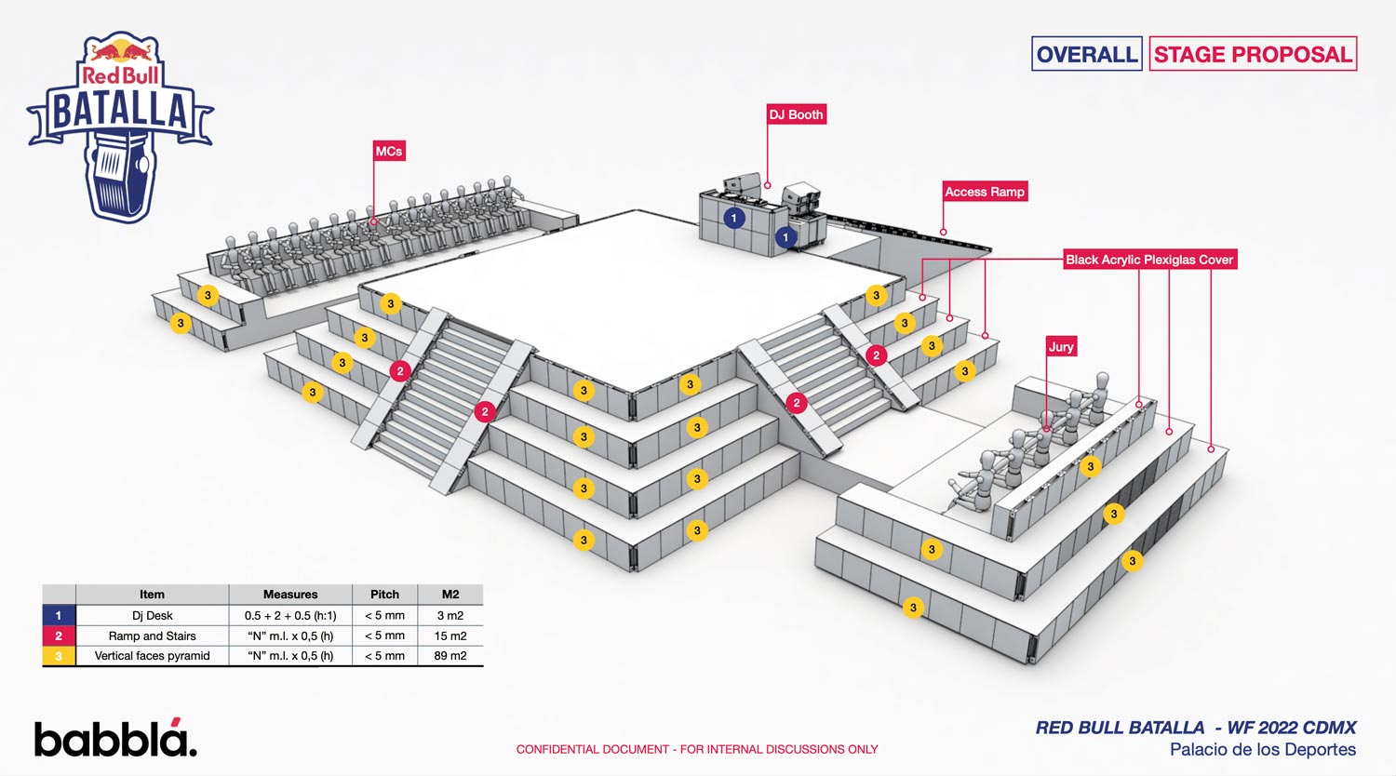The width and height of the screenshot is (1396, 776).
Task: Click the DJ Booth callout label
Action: pos(797,114)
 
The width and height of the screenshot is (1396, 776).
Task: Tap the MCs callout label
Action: pos(389,151)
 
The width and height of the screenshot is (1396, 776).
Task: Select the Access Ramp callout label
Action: pos(985,192)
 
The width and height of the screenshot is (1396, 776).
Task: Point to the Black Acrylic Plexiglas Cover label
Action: pos(1149,260)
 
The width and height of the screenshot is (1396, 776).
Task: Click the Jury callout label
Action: pos(1061,346)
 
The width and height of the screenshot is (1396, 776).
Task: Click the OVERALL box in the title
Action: pos(1087,54)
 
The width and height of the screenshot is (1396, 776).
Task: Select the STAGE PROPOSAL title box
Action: pos(1253,54)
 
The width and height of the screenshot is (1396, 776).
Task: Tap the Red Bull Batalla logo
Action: pos(121,126)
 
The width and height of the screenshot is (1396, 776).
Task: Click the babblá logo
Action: pos(115,738)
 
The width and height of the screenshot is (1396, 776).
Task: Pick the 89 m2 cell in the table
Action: pos(450,656)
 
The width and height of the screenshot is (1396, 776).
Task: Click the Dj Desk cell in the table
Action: pos(152,616)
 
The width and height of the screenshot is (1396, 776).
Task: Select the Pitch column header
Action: pos(384,595)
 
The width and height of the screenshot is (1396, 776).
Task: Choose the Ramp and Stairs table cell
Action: pos(152,636)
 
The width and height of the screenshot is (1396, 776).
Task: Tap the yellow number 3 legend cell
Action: pos(59,656)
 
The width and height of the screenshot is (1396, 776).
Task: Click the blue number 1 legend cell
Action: pos(59,616)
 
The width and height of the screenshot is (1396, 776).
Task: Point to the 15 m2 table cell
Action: pos(450,636)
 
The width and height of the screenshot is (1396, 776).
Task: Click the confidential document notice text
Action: pos(697,749)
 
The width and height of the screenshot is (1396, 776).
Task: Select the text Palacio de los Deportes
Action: pos(1262,750)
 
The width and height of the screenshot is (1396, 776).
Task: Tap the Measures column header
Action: pos(290,595)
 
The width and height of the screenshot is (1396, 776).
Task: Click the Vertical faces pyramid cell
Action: pos(152,656)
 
